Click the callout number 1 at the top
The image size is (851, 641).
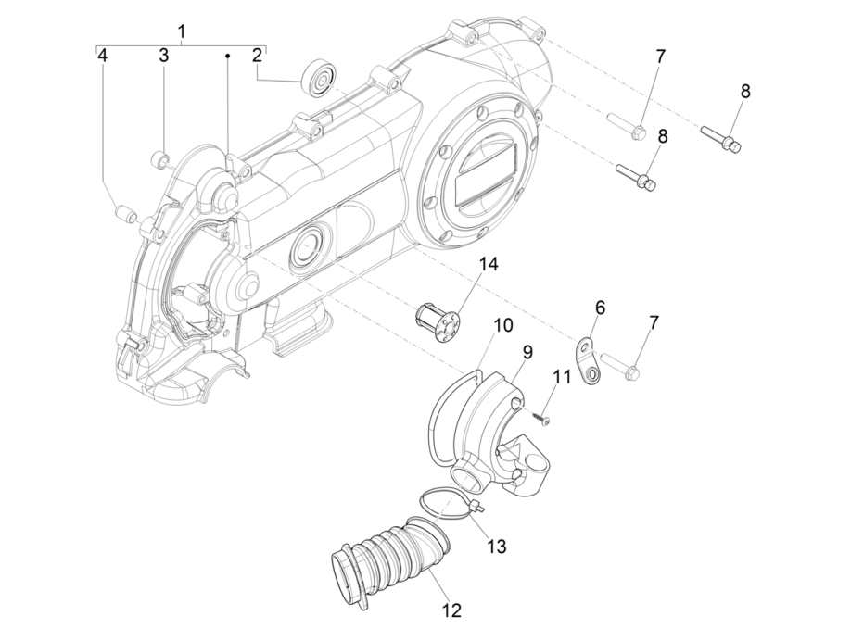click(x=182, y=31)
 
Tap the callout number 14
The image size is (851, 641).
click(x=488, y=264)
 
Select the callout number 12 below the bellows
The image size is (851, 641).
click(x=451, y=610)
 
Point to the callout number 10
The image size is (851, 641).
click(x=502, y=325)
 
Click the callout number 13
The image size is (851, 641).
click(x=497, y=547)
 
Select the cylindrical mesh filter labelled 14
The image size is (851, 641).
click(x=437, y=321)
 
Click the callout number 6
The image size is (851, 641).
click(x=600, y=307)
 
